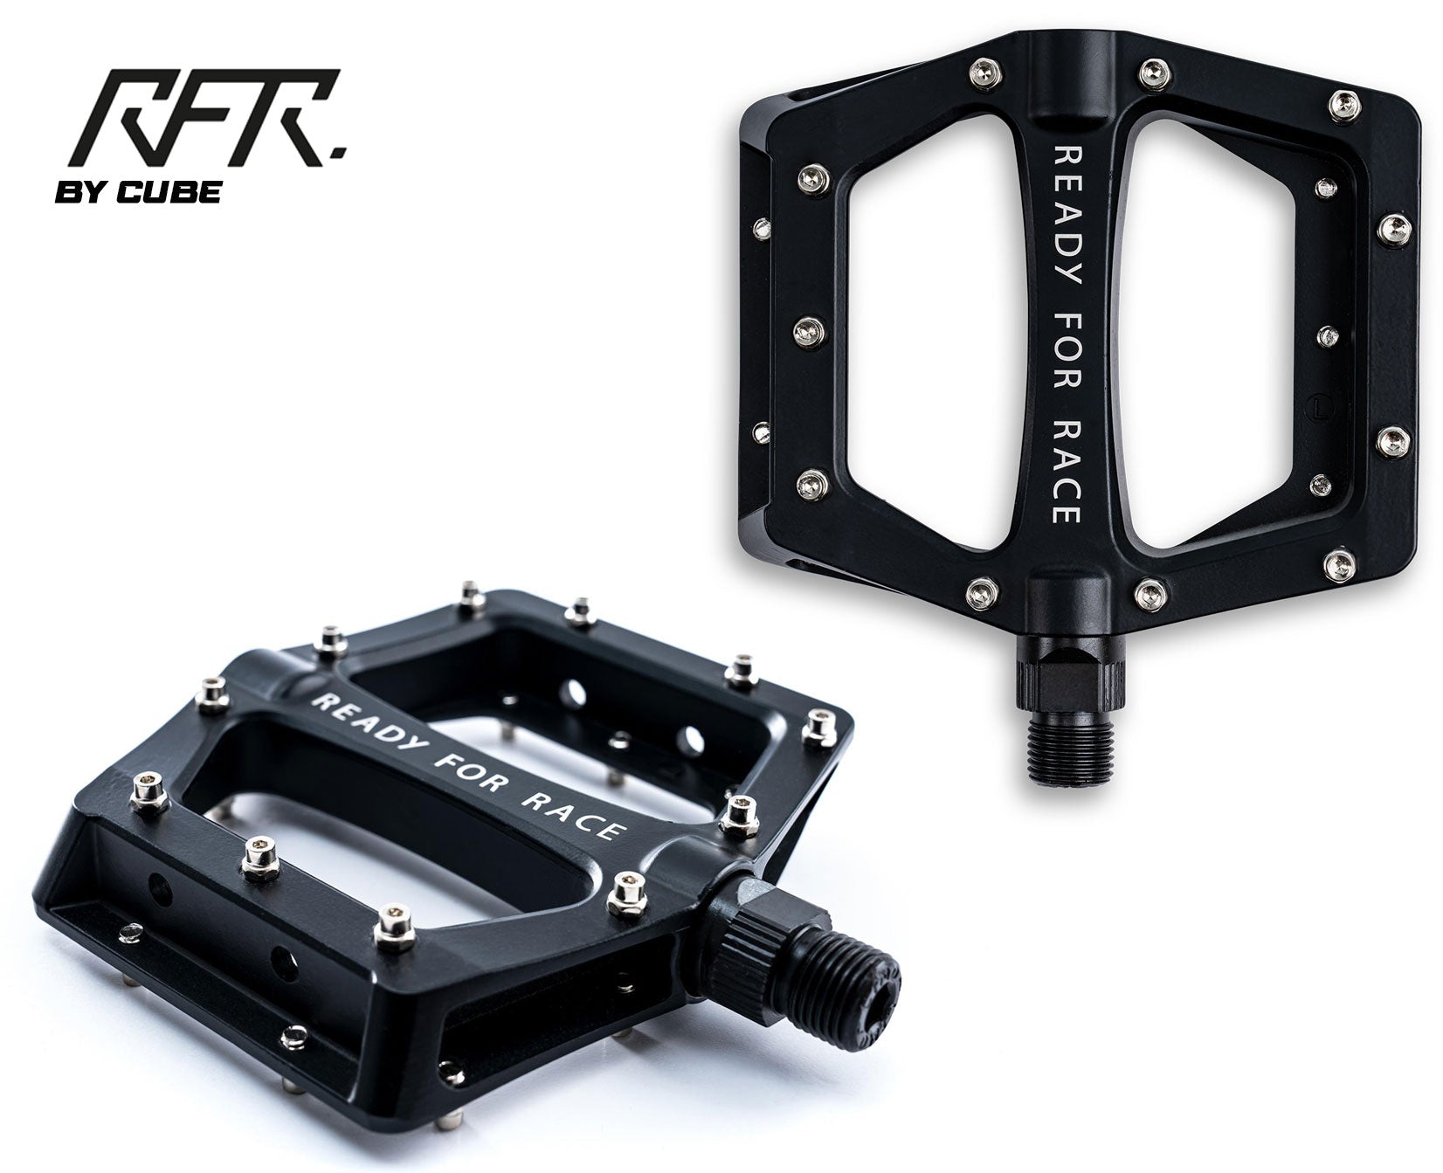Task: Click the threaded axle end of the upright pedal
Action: (1062, 748)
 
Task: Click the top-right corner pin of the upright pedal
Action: (1345, 104)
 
